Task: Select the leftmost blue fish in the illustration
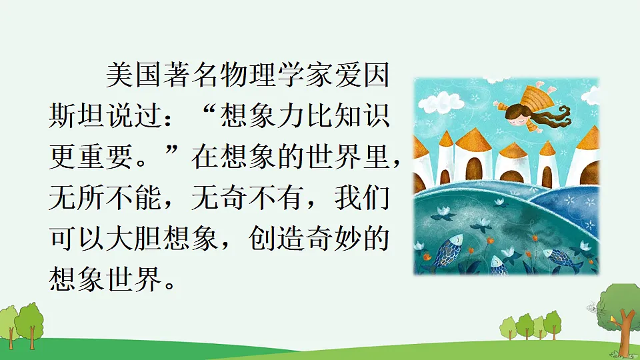tap(447, 252)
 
